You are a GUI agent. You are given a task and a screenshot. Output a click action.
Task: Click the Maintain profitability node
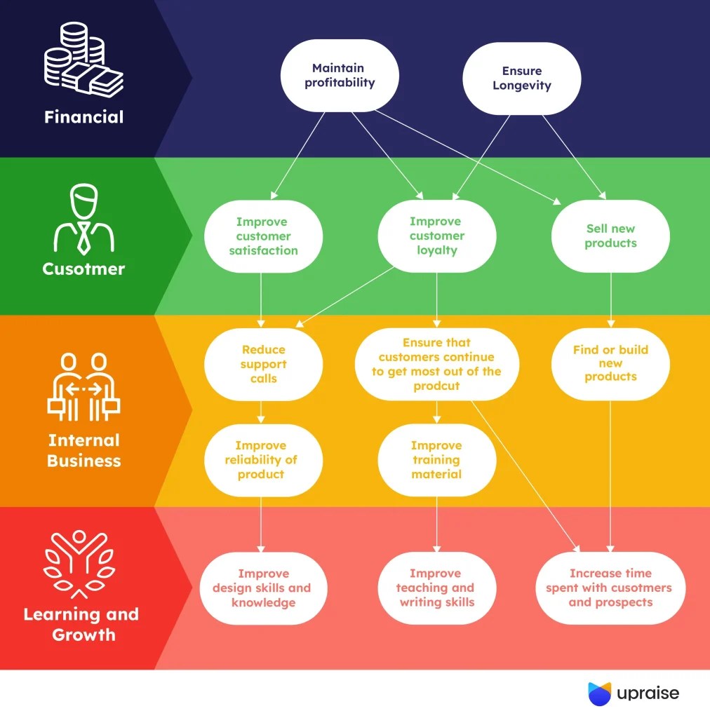tap(340, 76)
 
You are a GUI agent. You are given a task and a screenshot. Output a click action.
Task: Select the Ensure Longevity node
tap(521, 79)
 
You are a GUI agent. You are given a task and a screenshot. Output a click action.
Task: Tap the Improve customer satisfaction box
tap(263, 236)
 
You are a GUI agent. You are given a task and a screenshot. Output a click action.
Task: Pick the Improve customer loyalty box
tap(436, 236)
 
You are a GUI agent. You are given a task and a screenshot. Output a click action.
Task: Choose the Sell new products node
tap(610, 236)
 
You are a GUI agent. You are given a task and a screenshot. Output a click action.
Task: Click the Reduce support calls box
tap(263, 364)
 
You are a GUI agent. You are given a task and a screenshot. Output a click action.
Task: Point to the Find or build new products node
tap(610, 364)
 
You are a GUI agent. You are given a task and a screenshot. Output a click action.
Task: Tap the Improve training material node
tap(436, 460)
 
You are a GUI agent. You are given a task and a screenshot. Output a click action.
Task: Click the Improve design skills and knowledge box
tap(261, 588)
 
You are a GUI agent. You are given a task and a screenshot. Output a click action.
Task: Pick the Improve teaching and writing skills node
tap(436, 588)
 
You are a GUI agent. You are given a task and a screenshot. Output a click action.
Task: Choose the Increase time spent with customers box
tap(609, 588)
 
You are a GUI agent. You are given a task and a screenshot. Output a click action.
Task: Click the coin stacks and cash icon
tap(83, 61)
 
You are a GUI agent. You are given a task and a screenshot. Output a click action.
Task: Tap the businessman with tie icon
tap(83, 219)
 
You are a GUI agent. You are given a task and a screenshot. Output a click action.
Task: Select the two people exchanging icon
tap(83, 387)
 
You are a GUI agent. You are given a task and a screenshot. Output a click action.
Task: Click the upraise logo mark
tap(599, 693)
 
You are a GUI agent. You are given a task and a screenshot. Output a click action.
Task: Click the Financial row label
tap(83, 117)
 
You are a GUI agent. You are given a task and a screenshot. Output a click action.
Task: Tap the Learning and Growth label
tap(81, 625)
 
